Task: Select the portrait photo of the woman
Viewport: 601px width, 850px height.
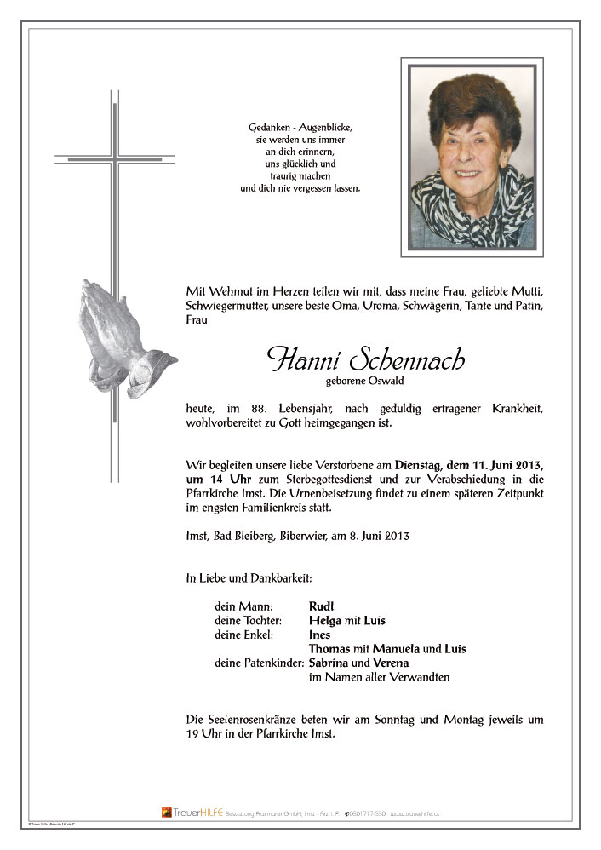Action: point(472,157)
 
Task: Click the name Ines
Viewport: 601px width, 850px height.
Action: point(319,635)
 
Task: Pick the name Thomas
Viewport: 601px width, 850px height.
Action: point(329,649)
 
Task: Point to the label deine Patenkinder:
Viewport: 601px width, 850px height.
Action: point(259,663)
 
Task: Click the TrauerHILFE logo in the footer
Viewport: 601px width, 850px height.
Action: point(192,813)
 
